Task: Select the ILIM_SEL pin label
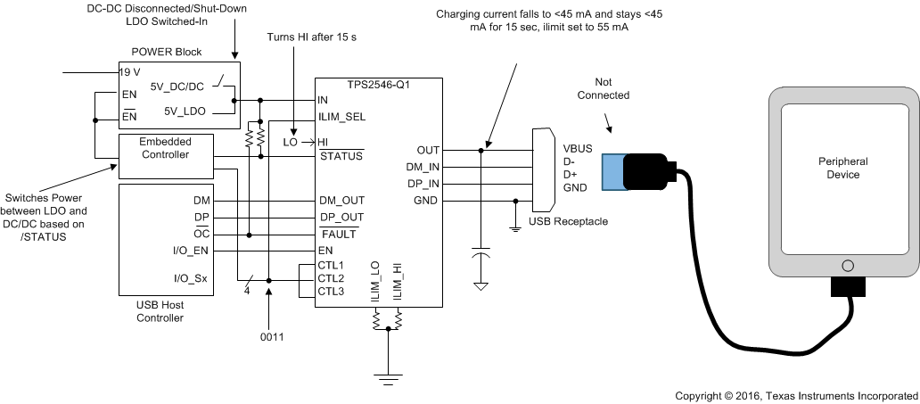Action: point(341,116)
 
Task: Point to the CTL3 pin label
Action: point(331,291)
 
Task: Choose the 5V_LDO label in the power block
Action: point(185,111)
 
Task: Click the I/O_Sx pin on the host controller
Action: point(190,278)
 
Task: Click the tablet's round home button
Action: point(847,266)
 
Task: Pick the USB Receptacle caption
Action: point(568,220)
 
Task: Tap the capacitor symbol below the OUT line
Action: point(481,256)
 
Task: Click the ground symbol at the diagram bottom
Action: point(387,379)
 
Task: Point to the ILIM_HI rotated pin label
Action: point(398,280)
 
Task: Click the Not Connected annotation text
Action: point(603,87)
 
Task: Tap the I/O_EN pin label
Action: point(191,251)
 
